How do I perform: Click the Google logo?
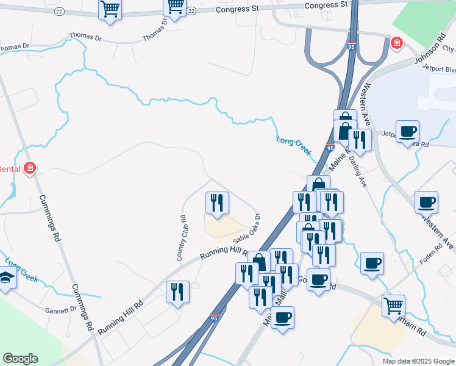[x=20, y=359]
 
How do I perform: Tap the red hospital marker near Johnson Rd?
[x=396, y=43]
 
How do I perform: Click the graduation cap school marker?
[x=7, y=278]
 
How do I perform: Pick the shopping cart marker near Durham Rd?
[x=393, y=305]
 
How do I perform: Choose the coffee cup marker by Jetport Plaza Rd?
[x=407, y=131]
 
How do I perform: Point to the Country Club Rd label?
[x=182, y=238]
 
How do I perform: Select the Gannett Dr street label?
[x=61, y=309]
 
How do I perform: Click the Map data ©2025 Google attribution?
[x=418, y=361]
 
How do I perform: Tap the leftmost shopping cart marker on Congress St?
[x=110, y=9]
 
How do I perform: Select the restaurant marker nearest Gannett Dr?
[x=177, y=292]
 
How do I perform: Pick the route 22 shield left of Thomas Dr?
[x=59, y=12]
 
